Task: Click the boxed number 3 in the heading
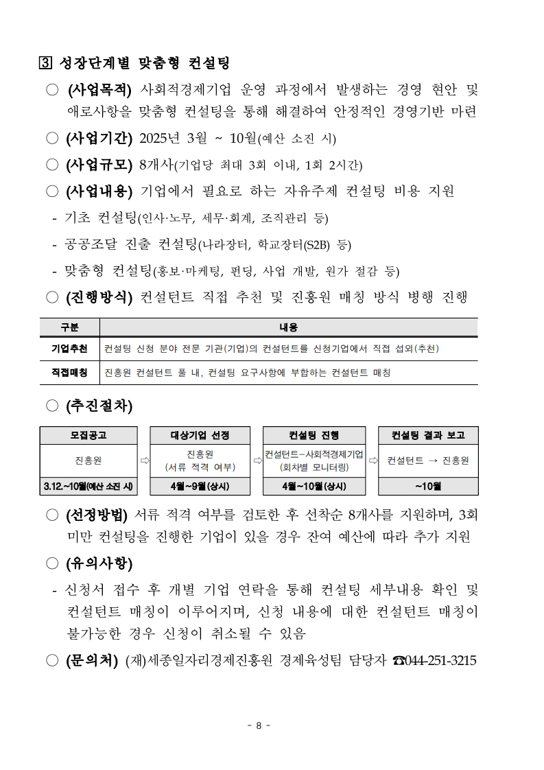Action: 45,64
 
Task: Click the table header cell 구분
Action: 69,327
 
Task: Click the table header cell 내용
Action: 288,327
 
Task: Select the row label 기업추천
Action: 69,349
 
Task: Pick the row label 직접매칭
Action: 69,373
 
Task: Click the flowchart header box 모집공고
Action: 88,435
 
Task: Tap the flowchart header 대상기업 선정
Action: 200,435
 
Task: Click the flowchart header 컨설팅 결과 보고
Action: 428,435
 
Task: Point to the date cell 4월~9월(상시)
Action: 200,487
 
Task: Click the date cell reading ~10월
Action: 428,487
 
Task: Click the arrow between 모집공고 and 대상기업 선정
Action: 144,461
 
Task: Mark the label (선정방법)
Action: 97,515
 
